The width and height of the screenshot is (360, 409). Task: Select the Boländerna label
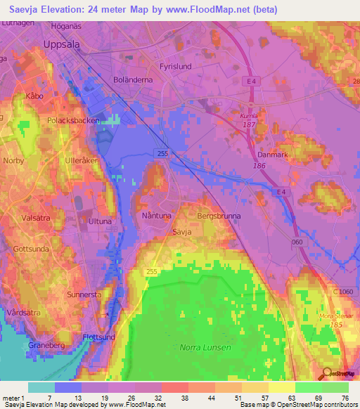pos(133,80)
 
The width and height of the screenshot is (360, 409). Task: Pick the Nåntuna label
pos(155,216)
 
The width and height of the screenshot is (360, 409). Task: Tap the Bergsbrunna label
pos(219,217)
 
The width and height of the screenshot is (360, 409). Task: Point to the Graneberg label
pos(48,345)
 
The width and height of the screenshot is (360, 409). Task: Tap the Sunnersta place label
pos(86,294)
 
